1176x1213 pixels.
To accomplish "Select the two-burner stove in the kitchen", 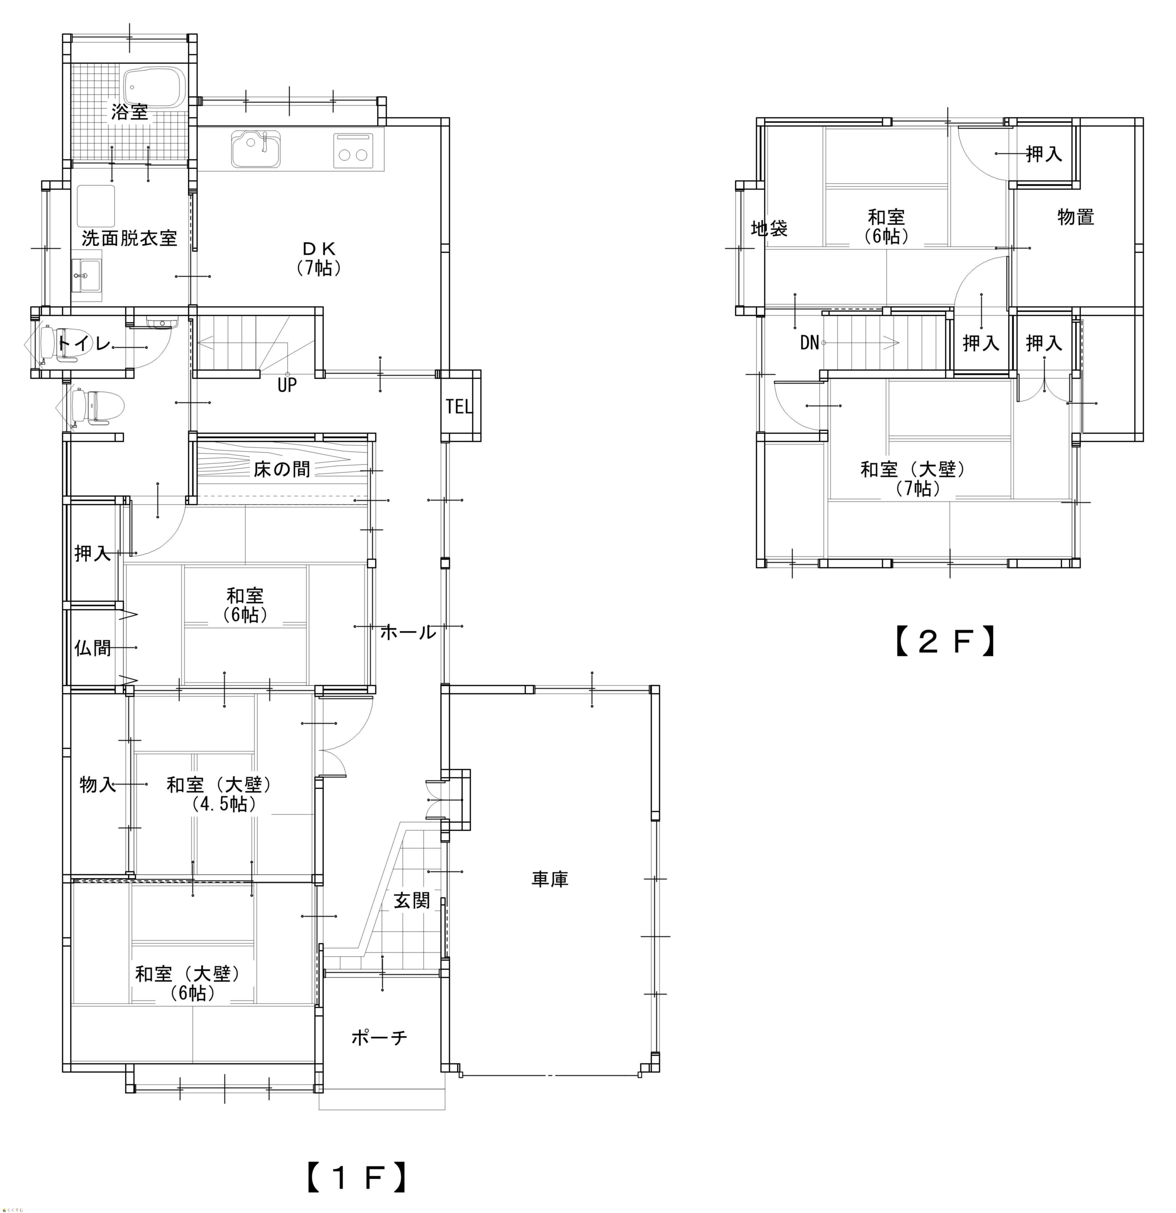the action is (x=354, y=150).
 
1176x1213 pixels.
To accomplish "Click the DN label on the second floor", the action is (x=810, y=342).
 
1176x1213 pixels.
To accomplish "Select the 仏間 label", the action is (x=93, y=648).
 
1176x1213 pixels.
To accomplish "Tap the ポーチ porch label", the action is (x=379, y=1037).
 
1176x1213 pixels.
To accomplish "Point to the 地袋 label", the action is (x=769, y=229).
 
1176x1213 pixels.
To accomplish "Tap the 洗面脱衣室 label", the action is (x=129, y=238).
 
